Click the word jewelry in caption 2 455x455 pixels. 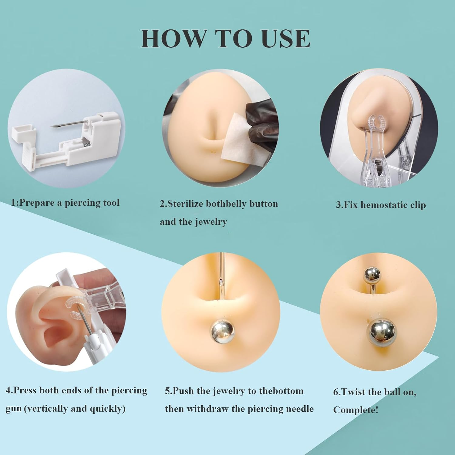coord(211,222)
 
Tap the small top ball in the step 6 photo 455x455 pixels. coord(372,275)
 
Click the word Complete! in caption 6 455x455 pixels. coord(356,410)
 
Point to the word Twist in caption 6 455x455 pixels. coord(353,392)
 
